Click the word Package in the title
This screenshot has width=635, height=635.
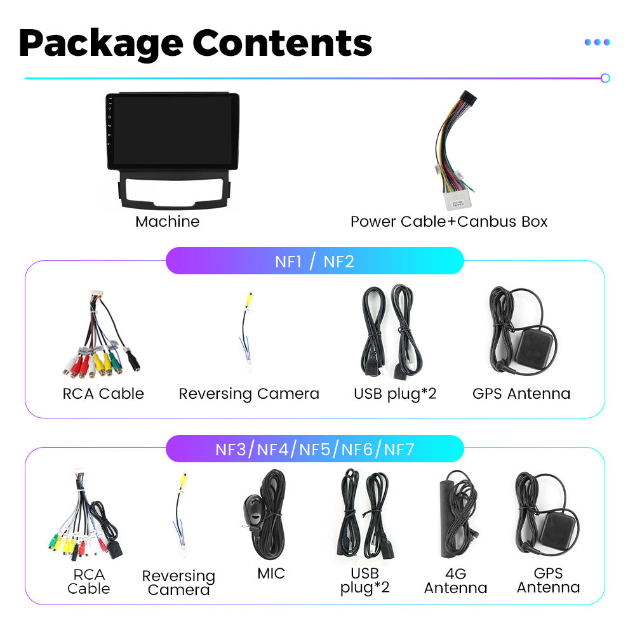[100, 43]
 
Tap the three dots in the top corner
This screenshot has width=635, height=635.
[597, 42]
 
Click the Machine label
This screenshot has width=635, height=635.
[167, 222]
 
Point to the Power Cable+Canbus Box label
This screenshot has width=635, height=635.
[449, 222]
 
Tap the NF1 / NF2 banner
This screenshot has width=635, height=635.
[314, 261]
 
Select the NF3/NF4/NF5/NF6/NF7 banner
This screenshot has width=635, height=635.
[314, 450]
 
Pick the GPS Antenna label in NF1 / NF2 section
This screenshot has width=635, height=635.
[521, 394]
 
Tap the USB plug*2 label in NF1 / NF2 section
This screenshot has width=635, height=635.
[395, 394]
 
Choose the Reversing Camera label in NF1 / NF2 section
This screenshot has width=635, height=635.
[249, 394]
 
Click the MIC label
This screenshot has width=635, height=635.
[271, 573]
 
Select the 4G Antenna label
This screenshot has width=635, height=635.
[455, 580]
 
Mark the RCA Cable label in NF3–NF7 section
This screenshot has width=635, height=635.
[88, 581]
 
